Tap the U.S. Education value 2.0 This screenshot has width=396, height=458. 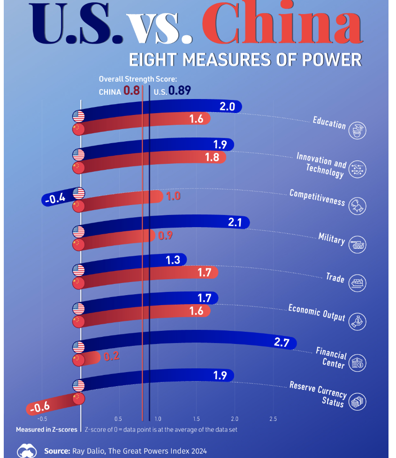[x=227, y=107]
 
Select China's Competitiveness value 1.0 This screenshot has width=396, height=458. [x=173, y=196]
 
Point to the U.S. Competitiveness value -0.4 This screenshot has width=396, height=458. [x=55, y=199]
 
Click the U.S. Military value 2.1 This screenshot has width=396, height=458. [x=235, y=222]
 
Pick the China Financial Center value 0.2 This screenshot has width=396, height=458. [x=111, y=356]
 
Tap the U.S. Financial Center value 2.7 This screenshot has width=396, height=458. [x=282, y=342]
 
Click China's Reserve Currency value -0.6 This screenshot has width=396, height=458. [x=40, y=407]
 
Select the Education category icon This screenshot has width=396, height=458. [x=358, y=130]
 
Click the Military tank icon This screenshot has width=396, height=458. [x=358, y=244]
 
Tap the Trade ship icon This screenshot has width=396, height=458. [x=358, y=283]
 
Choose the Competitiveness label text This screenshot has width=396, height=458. [x=317, y=198]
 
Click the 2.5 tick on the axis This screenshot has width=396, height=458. [x=273, y=419]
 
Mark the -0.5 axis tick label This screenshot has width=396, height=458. [x=42, y=419]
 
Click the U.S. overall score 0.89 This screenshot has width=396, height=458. [x=180, y=91]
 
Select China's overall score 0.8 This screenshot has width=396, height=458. [x=131, y=91]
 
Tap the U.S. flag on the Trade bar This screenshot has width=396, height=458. [x=78, y=270]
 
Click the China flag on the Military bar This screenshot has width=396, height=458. [x=78, y=244]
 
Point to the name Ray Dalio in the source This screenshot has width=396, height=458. [x=89, y=451]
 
